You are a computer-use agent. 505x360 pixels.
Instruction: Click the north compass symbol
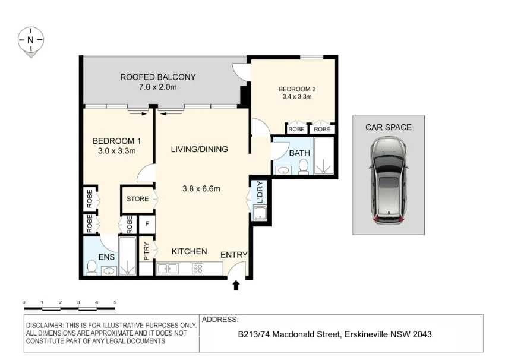[x=30, y=40]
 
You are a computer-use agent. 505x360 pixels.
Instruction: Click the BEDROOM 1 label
[x=116, y=141]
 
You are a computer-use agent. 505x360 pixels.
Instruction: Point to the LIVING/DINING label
[x=199, y=149]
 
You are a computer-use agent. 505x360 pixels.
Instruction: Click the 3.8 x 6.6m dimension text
[x=201, y=190]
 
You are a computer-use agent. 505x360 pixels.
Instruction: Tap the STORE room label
[x=137, y=199]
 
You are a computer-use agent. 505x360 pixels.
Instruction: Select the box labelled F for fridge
[x=146, y=225]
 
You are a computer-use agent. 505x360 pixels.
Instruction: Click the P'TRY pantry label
[x=146, y=251]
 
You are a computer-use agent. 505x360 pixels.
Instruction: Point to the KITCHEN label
[x=189, y=251]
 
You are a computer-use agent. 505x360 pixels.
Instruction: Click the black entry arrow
[x=236, y=286]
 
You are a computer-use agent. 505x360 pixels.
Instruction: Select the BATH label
[x=299, y=153]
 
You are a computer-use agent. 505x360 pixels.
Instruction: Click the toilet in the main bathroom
[x=304, y=166]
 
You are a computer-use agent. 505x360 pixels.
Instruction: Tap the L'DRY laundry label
[x=260, y=191]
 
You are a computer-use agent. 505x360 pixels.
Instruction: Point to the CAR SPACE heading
[x=388, y=127]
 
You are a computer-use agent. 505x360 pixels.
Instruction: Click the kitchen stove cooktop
[x=197, y=269]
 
